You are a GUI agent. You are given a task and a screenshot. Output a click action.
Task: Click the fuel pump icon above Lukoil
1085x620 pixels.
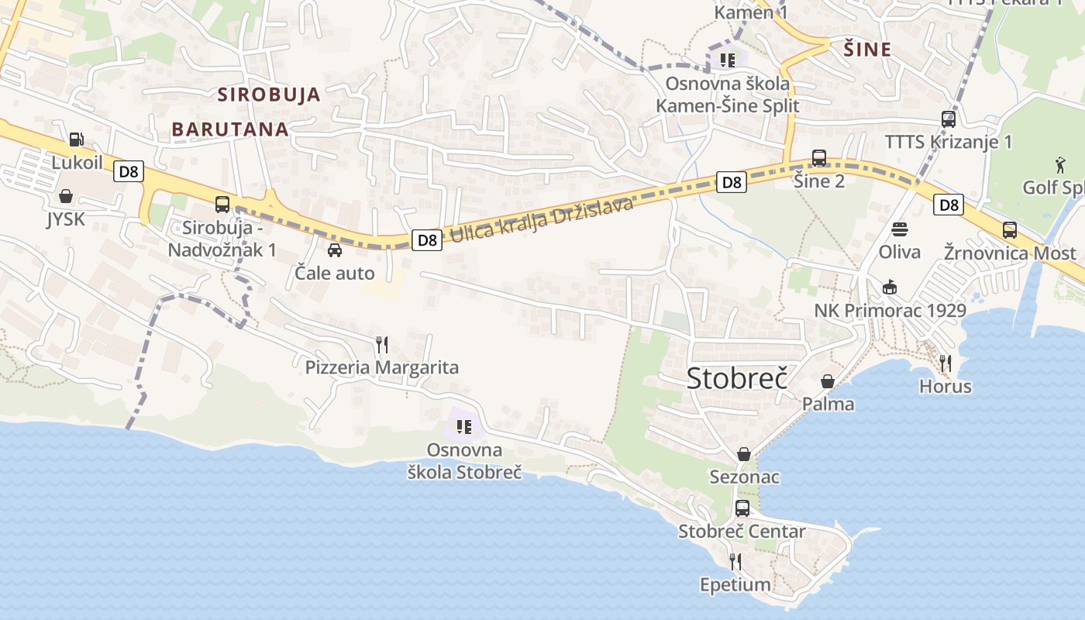(x=76, y=139)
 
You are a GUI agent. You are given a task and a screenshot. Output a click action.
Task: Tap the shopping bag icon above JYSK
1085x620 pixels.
(x=66, y=196)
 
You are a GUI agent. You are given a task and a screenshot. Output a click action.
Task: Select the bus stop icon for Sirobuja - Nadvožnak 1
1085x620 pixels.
(x=222, y=205)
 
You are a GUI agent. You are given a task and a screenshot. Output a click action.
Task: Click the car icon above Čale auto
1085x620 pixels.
(x=335, y=250)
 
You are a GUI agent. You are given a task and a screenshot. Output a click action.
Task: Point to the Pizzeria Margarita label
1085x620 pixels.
(x=381, y=367)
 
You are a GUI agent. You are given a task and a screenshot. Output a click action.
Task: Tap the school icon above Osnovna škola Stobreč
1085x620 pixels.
(x=464, y=426)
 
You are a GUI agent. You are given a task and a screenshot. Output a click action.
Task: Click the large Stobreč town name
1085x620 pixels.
(x=737, y=379)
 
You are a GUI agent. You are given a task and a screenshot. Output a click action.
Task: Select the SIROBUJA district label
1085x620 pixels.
(x=269, y=95)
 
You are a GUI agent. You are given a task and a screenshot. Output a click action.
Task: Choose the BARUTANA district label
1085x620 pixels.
(x=230, y=129)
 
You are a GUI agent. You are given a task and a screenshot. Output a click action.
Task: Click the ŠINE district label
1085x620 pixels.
(x=867, y=50)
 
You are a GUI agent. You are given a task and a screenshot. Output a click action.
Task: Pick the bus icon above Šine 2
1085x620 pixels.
(x=819, y=158)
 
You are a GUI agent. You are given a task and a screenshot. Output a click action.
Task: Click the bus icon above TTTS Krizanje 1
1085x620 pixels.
(x=949, y=119)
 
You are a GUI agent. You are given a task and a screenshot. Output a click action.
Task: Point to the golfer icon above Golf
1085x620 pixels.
(x=1060, y=164)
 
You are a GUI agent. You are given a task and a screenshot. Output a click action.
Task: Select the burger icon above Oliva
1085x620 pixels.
(x=900, y=229)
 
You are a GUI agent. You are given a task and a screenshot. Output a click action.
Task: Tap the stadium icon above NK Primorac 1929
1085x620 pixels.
(x=890, y=288)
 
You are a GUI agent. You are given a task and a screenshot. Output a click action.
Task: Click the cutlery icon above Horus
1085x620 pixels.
(x=945, y=363)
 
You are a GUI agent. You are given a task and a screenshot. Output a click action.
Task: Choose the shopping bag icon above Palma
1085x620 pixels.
(x=828, y=381)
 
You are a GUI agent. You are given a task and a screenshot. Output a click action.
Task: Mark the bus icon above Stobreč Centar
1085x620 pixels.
(x=742, y=508)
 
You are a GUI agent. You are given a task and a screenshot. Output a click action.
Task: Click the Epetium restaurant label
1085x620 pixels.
(x=735, y=584)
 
